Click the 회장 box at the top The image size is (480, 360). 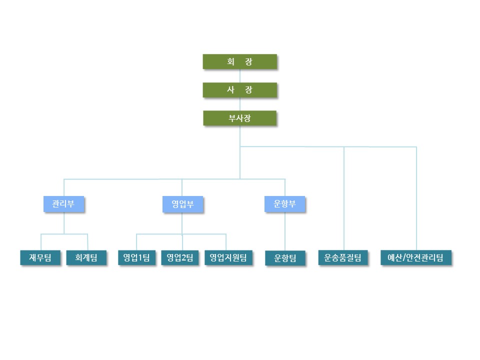coord(239,61)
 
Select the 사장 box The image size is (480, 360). coord(239,89)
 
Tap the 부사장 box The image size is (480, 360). coord(239,118)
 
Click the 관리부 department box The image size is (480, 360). coord(63,204)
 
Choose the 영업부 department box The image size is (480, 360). coord(183,204)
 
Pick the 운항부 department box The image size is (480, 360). coord(284,204)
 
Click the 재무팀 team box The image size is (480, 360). coord(40,257)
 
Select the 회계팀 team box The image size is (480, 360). coord(86,257)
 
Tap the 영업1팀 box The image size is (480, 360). coord(137,257)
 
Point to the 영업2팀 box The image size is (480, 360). coord(180,257)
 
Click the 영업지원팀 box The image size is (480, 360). coord(228,257)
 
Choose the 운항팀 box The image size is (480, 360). coord(285,258)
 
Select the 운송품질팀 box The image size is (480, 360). coord(343,257)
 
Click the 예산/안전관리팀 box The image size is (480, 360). coord(415,257)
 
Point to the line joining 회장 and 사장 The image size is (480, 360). coord(240,75)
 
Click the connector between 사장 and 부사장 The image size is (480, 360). coord(240,104)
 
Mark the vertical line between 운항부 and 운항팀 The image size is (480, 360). coord(285,231)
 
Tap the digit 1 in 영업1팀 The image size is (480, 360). coord(139,258)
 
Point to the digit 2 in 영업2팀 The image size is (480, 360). coord(183,258)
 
